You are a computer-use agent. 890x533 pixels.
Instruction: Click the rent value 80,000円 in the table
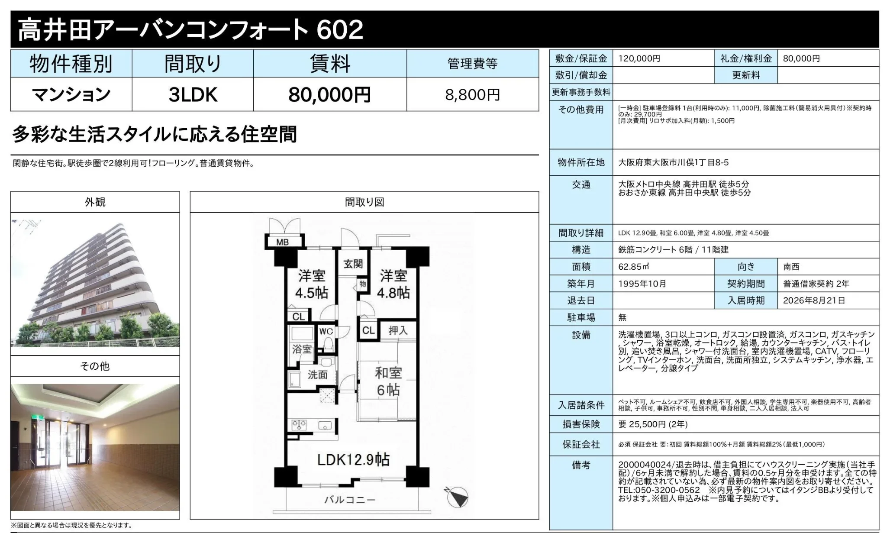click(x=329, y=95)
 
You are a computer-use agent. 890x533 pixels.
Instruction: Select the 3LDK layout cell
click(x=193, y=95)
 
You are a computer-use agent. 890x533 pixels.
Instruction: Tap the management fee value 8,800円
click(x=472, y=95)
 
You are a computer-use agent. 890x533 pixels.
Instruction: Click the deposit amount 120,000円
click(x=639, y=58)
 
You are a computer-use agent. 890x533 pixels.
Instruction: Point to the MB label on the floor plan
click(x=282, y=242)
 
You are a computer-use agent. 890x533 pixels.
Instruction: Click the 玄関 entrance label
click(x=353, y=264)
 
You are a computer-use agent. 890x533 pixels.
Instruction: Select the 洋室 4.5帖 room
click(x=311, y=284)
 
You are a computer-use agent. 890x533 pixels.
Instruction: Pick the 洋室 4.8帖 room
click(x=393, y=284)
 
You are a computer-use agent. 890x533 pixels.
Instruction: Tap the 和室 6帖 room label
click(x=388, y=381)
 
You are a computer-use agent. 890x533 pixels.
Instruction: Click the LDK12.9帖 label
click(x=353, y=459)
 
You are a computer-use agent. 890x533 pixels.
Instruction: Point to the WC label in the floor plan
click(x=326, y=331)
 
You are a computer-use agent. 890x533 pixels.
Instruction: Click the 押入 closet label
click(x=398, y=330)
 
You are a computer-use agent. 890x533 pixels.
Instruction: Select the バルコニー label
click(x=350, y=500)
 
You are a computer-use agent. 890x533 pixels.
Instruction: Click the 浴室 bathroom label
click(x=302, y=349)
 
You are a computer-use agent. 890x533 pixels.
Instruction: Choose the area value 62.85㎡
click(x=634, y=267)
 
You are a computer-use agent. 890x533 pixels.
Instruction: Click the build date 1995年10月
click(x=642, y=284)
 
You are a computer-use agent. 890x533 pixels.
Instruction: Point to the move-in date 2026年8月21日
click(x=814, y=300)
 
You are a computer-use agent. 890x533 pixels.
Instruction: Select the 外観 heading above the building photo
click(x=95, y=202)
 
